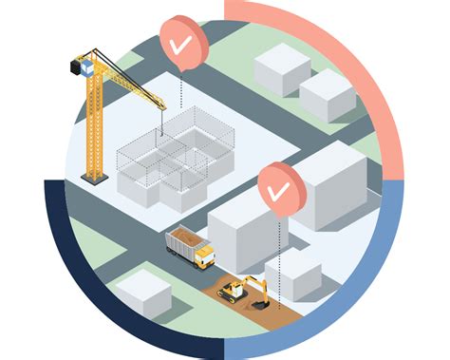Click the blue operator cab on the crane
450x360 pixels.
(x=86, y=66)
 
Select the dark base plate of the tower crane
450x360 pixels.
(x=93, y=178)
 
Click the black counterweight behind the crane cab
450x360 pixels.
(x=73, y=69)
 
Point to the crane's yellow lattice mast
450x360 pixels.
(x=93, y=123)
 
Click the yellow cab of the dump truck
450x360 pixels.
(x=204, y=256)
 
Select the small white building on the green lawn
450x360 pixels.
(x=143, y=293)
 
